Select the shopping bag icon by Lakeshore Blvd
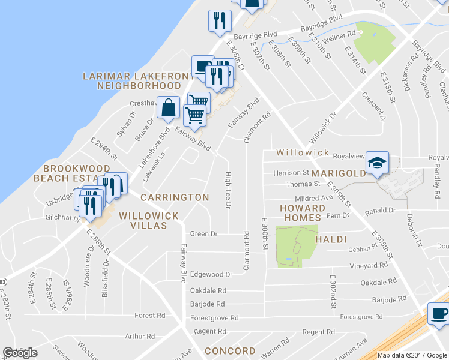[x=170, y=108]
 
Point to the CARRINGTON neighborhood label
[x=175, y=197]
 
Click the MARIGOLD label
[x=337, y=174]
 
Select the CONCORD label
[x=231, y=351]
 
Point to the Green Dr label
[x=203, y=233]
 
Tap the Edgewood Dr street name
[x=211, y=275]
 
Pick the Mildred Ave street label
[x=313, y=198]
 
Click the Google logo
[x=20, y=353]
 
